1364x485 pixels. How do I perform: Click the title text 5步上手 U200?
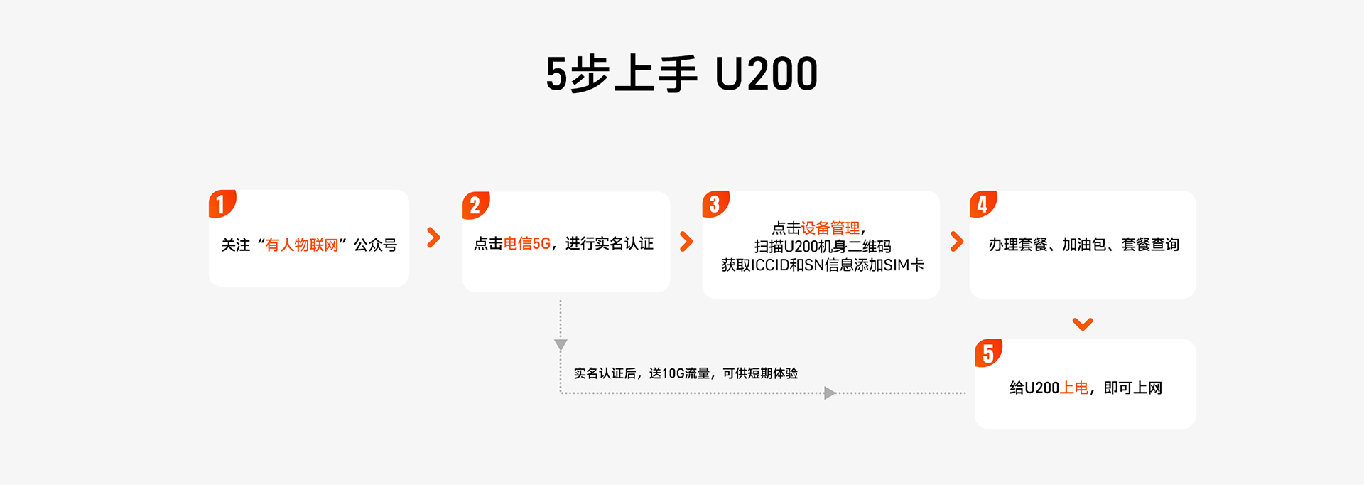point(682,74)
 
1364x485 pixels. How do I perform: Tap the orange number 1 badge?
point(222,204)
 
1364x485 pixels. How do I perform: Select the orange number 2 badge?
point(476,206)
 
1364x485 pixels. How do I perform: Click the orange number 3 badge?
point(716,204)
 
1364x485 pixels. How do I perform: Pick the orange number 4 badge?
point(984,204)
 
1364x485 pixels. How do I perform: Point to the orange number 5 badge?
point(989,353)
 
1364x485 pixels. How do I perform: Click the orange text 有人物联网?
point(302,245)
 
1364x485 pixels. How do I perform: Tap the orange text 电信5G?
point(527,244)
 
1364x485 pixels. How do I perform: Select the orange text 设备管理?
point(830,228)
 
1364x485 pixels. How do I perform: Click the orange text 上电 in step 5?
point(1074,388)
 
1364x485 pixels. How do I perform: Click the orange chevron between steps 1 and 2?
point(433,238)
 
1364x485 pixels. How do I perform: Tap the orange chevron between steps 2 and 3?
point(686,242)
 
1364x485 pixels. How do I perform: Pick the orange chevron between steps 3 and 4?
point(957,242)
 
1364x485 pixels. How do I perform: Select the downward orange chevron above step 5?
point(1083,324)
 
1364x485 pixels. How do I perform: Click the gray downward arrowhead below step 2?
point(561,346)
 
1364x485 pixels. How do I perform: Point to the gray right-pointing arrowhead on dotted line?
point(830,393)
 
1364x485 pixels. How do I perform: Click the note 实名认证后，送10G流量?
point(642,373)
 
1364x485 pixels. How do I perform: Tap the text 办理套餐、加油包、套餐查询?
point(1084,245)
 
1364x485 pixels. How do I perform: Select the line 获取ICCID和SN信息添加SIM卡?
point(823,265)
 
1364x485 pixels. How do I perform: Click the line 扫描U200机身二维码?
point(823,247)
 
